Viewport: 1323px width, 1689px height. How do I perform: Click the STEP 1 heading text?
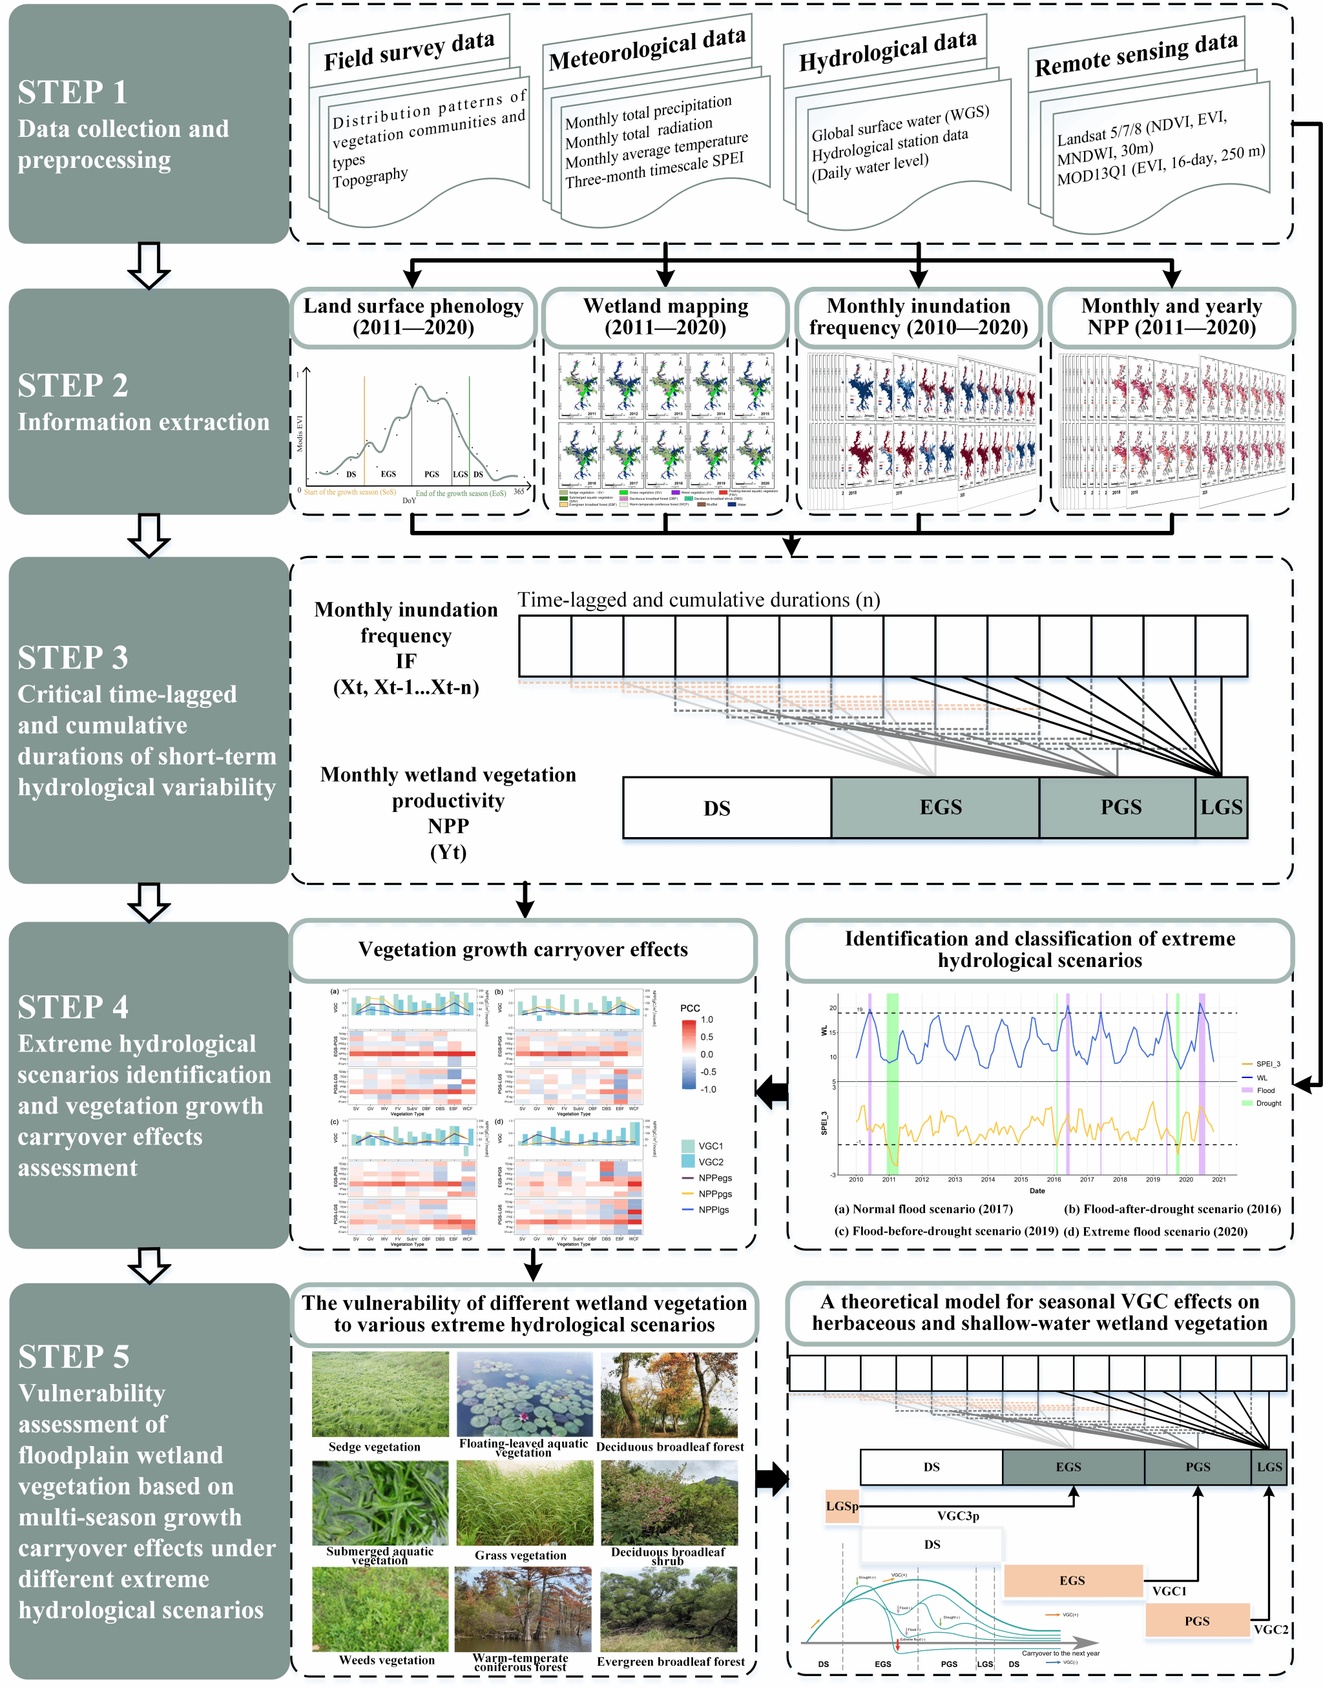[x=73, y=92]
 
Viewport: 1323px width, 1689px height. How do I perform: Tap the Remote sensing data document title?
[x=1136, y=54]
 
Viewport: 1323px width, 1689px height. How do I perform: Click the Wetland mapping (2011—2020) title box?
[x=665, y=316]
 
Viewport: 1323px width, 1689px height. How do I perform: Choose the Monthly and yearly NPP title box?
[x=1171, y=316]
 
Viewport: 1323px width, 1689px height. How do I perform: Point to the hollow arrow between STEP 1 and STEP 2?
[x=149, y=265]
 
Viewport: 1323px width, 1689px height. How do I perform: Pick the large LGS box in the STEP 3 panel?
[x=1221, y=808]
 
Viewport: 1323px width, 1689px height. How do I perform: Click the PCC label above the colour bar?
[x=689, y=1008]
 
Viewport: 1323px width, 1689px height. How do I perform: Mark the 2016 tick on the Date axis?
[x=1054, y=1179]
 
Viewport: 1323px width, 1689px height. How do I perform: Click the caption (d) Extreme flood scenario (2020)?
[x=1155, y=1231]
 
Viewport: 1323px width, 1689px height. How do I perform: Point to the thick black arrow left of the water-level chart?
[x=771, y=1092]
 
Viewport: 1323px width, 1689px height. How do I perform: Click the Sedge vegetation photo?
[x=380, y=1394]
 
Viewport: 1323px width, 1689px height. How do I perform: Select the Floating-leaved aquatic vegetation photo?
[x=525, y=1394]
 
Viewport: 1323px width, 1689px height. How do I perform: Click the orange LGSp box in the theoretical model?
[x=842, y=1506]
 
